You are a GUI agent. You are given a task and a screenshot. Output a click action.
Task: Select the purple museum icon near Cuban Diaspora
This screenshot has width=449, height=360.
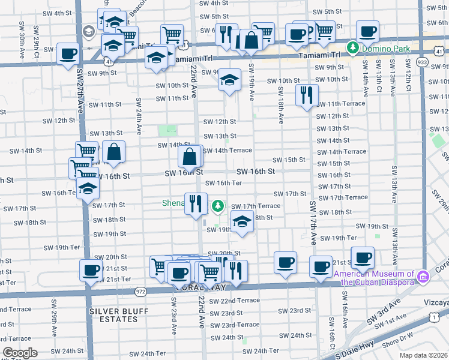pyautogui.click(x=423, y=276)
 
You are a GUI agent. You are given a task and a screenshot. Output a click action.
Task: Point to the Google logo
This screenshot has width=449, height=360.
pyautogui.click(x=19, y=353)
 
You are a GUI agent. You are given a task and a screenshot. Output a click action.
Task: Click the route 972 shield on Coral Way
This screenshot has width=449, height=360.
pyautogui.click(x=140, y=291)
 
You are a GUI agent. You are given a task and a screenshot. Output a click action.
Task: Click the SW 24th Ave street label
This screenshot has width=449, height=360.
pyautogui.click(x=139, y=116)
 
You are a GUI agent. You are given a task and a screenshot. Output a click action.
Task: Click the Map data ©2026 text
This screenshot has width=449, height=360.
pyautogui.click(x=424, y=355)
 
